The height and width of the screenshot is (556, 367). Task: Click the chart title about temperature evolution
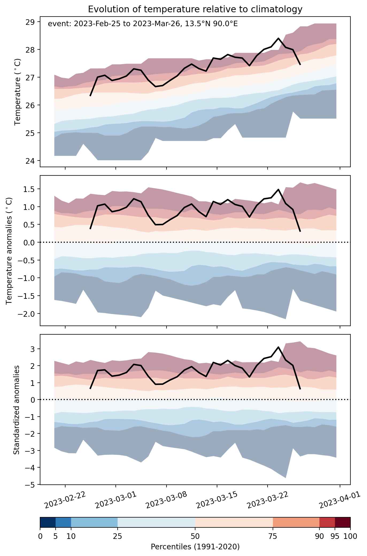pos(195,9)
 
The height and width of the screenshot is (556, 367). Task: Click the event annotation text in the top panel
pos(143,24)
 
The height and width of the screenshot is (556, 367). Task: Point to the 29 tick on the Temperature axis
pos(34,22)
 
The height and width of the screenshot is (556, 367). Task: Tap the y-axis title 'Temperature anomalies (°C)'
pos(9,251)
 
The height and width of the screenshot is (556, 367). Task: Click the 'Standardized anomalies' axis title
pos(16,409)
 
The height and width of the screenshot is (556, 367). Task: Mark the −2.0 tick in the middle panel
pos(30,314)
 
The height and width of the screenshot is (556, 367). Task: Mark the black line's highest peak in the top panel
pos(279,38)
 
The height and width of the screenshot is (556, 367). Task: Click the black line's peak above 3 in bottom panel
pos(279,347)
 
